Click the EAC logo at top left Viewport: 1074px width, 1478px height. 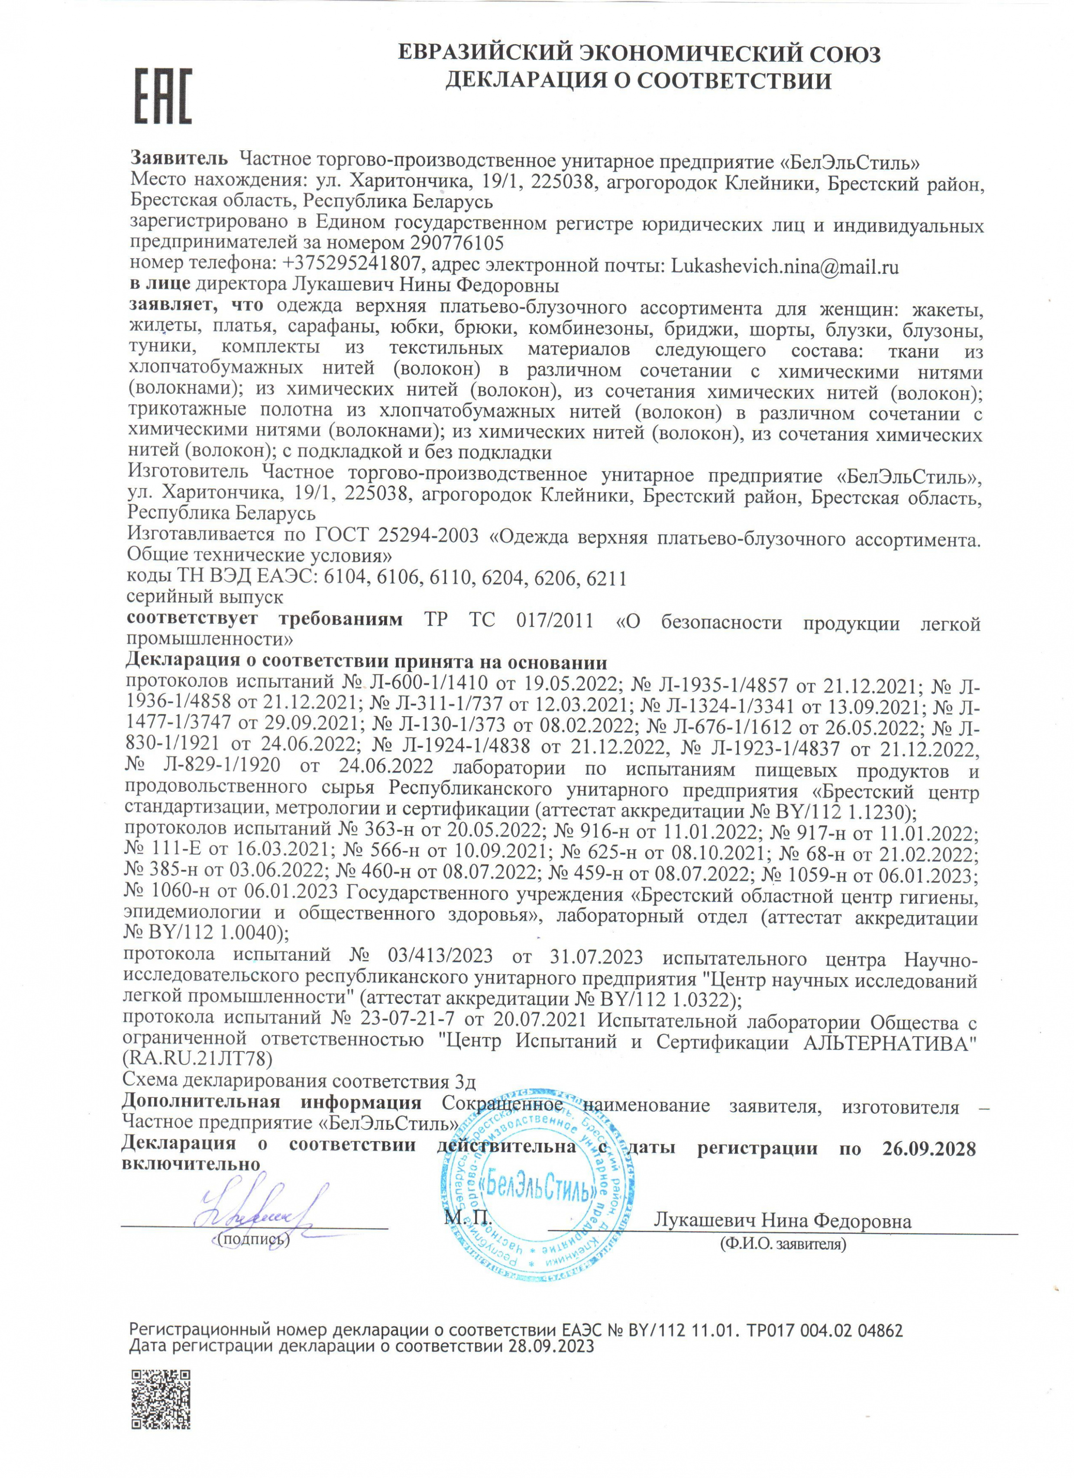click(x=163, y=97)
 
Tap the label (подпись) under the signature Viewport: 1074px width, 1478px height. click(x=254, y=1238)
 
